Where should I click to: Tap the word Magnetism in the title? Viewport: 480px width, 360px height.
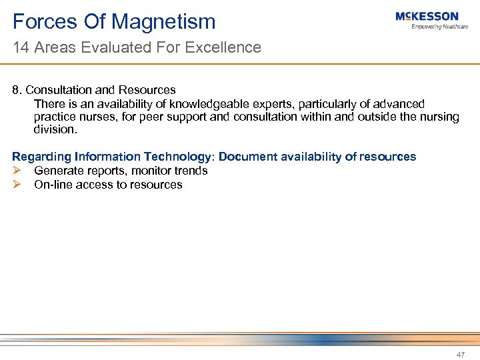tap(163, 21)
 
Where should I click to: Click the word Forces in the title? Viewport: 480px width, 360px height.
tap(44, 21)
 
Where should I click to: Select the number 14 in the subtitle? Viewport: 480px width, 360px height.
tap(20, 47)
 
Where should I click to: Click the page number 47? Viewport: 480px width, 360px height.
tap(461, 355)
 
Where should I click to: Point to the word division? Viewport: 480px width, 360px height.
tap(55, 129)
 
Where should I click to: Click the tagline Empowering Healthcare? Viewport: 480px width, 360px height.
tap(439, 27)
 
